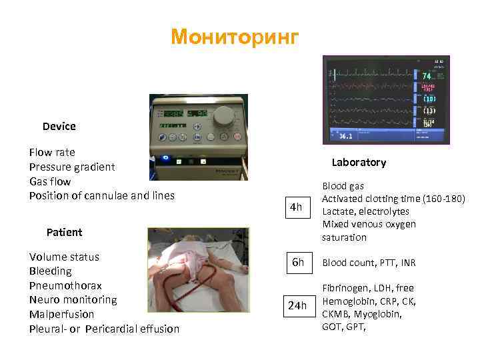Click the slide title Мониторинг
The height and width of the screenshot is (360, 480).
click(x=235, y=37)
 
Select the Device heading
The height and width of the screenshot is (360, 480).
click(x=59, y=126)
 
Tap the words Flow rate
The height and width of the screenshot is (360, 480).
click(x=52, y=152)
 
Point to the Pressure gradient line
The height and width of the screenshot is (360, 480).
click(x=72, y=167)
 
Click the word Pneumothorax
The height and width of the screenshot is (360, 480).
click(x=65, y=285)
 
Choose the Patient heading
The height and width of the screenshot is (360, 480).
click(x=65, y=232)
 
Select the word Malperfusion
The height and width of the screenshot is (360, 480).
click(x=62, y=314)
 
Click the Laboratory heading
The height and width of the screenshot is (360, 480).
click(x=359, y=163)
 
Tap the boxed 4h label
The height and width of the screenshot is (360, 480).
click(x=295, y=207)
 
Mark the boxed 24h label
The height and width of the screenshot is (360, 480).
click(x=297, y=305)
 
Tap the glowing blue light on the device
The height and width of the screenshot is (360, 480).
click(x=166, y=159)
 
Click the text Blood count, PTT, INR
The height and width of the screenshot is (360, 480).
click(x=369, y=263)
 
